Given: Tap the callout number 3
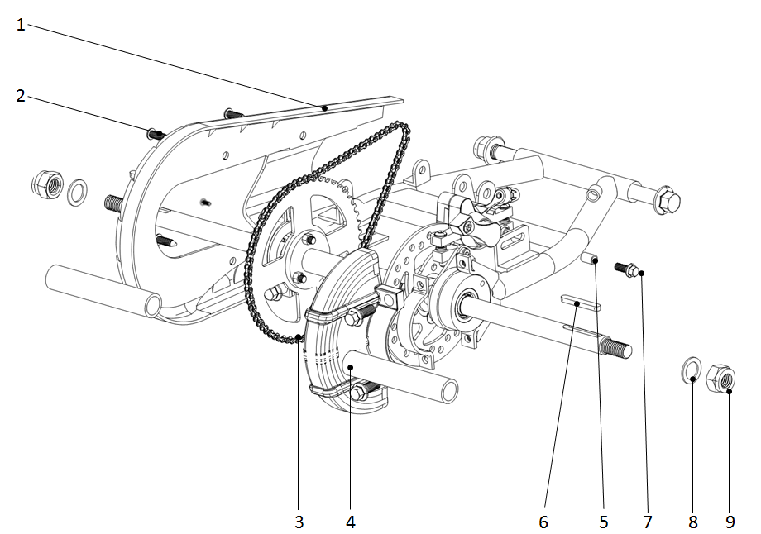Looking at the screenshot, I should click(299, 522).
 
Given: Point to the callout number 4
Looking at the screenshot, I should click(351, 522).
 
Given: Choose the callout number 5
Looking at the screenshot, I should click(604, 522).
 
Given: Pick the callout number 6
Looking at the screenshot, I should click(543, 522).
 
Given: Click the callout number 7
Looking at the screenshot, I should click(647, 522).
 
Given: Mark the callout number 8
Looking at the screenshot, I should click(693, 522).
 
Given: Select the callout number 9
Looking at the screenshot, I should click(730, 522).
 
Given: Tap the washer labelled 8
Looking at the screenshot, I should click(692, 370).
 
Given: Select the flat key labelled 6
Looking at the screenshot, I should click(580, 302).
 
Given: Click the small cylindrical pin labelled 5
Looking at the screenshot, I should click(589, 259).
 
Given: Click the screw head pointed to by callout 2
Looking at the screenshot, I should click(155, 132).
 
